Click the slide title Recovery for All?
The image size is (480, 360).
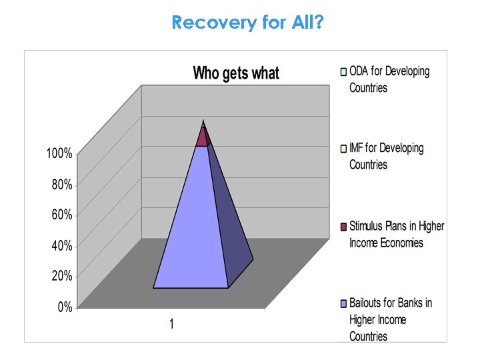(248, 23)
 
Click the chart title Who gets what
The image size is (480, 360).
(236, 73)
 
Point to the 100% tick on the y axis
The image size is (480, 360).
(59, 153)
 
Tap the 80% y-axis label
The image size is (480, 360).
(62, 185)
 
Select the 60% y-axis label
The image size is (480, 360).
(62, 215)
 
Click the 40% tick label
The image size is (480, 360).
(62, 245)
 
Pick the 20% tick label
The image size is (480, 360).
(62, 276)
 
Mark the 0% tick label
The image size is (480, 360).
(65, 307)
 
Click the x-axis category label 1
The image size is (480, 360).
(171, 325)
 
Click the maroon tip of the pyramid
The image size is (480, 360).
(203, 137)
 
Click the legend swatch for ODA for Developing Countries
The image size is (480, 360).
(343, 71)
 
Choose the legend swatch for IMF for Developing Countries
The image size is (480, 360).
(343, 148)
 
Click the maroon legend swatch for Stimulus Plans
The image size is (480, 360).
(343, 227)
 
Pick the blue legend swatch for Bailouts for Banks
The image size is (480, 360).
(343, 303)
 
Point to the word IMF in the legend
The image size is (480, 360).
(359, 148)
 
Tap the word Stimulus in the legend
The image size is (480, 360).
(369, 227)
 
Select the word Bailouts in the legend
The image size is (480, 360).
(369, 303)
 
